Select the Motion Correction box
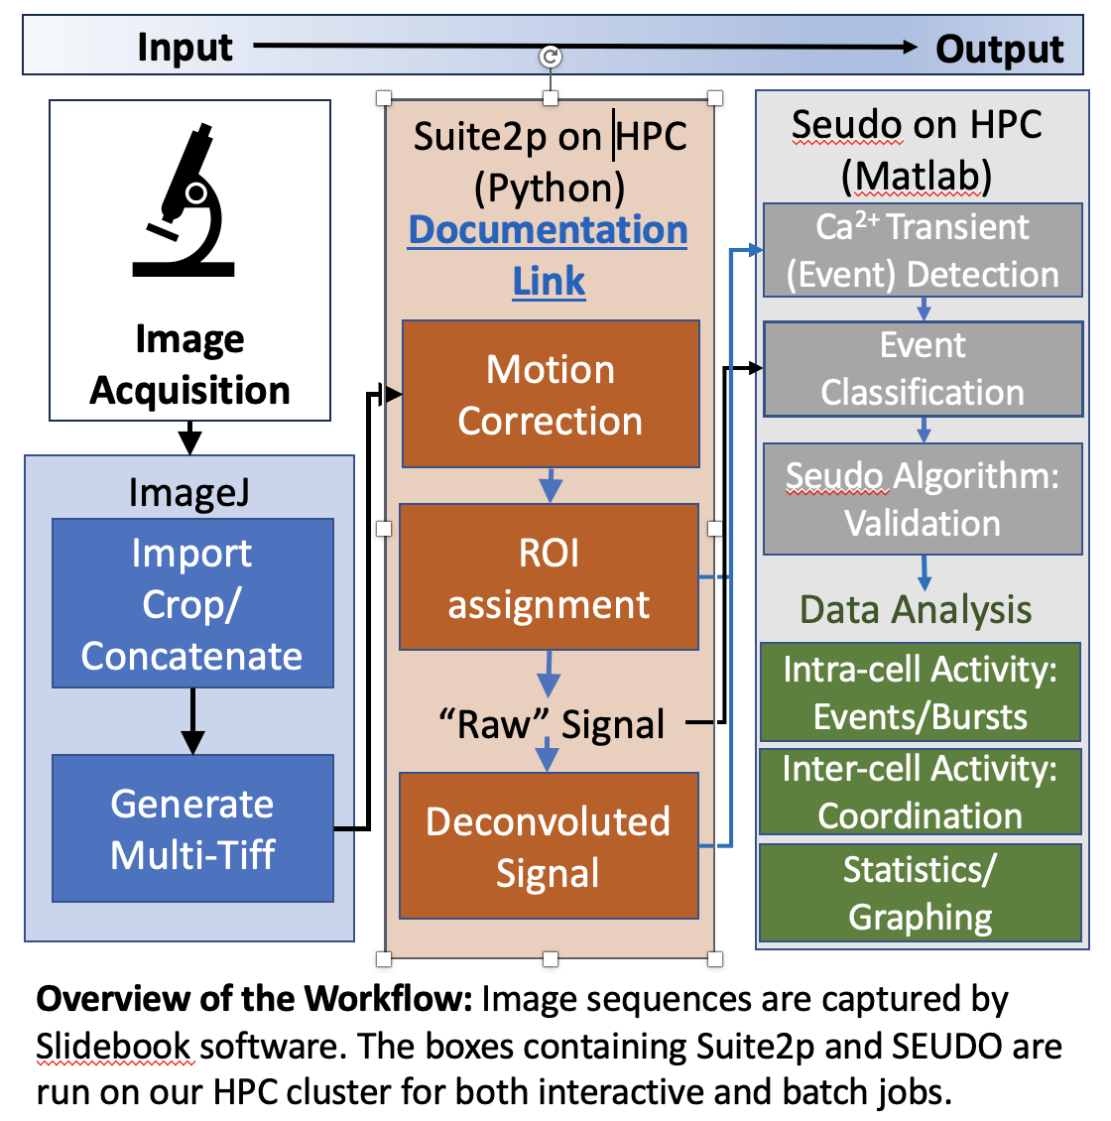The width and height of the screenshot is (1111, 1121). (551, 394)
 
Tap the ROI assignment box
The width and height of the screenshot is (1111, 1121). (549, 577)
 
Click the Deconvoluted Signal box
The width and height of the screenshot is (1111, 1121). (549, 846)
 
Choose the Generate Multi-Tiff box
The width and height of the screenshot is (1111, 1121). (192, 828)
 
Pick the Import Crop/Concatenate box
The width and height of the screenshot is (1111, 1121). (192, 603)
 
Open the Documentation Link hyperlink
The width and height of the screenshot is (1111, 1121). (549, 254)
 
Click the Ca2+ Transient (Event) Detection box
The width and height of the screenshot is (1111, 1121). (923, 250)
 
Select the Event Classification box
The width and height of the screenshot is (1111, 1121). (923, 368)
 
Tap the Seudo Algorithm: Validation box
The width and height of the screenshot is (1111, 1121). (923, 499)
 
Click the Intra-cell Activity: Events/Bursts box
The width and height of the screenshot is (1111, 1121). (920, 692)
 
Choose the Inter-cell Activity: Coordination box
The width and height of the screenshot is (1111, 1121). (920, 791)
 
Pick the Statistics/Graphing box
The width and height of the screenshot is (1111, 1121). (920, 892)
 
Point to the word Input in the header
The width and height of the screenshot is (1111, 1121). (185, 47)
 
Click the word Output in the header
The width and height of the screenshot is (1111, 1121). (999, 49)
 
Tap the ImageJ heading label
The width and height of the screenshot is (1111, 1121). (188, 492)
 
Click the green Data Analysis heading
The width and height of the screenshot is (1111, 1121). (916, 609)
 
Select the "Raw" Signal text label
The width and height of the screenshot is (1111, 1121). (552, 724)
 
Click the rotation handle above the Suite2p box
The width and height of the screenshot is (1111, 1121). (551, 57)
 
